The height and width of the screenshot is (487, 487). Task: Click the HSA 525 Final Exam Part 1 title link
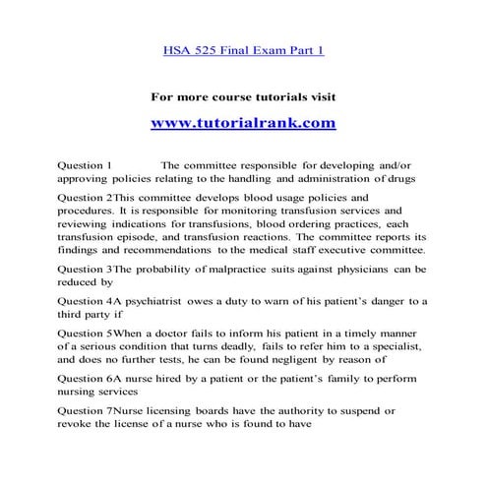(x=242, y=51)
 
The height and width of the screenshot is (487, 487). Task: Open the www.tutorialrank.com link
(x=243, y=123)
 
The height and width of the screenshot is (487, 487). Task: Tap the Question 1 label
(x=86, y=163)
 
